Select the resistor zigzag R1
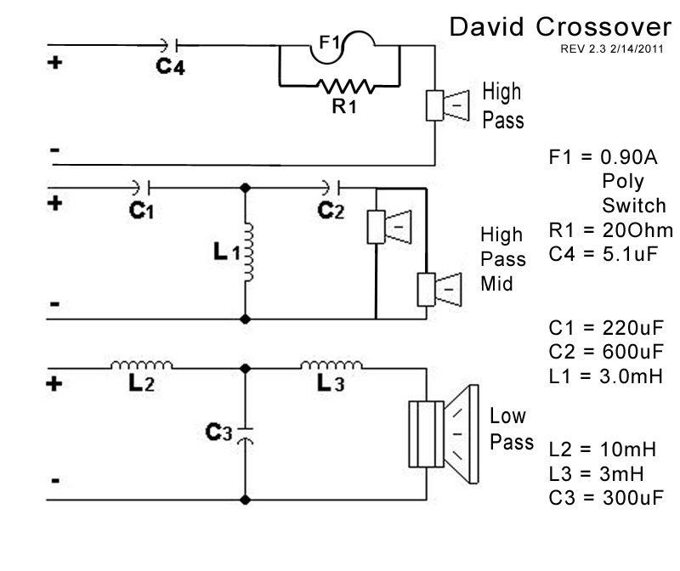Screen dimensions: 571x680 point(341,86)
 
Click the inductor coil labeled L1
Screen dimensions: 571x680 point(248,252)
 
